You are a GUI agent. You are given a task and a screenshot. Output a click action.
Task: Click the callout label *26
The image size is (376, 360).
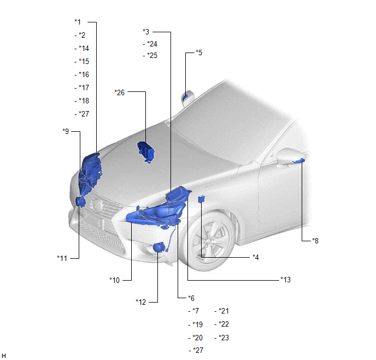pyautogui.click(x=120, y=92)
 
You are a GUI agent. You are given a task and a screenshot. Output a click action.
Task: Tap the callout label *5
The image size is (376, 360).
pyautogui.click(x=199, y=53)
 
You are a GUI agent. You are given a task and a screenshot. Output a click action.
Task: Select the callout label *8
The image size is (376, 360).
pyautogui.click(x=315, y=241)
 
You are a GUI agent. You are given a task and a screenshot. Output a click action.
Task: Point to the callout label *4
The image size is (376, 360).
pyautogui.click(x=256, y=257)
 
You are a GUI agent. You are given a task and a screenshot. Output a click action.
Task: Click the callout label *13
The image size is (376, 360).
pyautogui.click(x=285, y=280)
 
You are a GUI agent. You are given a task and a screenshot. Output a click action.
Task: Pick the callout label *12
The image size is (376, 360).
pyautogui.click(x=140, y=301)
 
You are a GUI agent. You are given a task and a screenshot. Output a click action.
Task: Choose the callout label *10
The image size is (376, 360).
pyautogui.click(x=114, y=280)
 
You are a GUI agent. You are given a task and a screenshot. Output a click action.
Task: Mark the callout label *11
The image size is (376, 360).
pyautogui.click(x=62, y=258)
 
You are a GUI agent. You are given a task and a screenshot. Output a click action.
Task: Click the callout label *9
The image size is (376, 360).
pyautogui.click(x=66, y=131)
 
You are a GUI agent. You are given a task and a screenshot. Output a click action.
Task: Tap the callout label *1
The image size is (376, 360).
pyautogui.click(x=78, y=22)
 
